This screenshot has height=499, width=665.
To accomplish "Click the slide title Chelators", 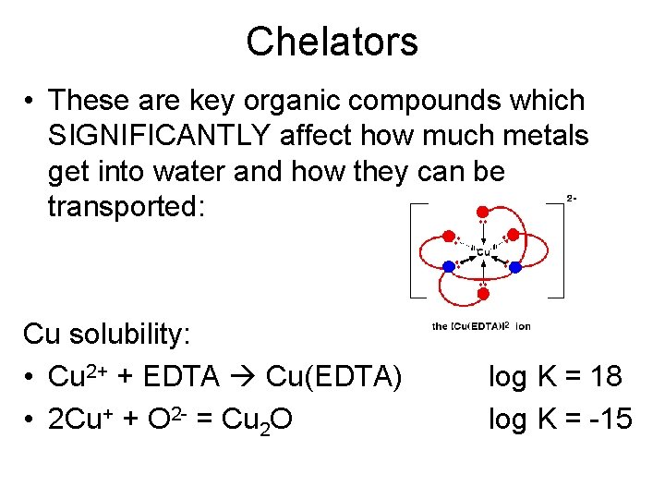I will tap(332, 42).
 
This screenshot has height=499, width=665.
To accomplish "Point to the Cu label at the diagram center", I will tap(482, 252).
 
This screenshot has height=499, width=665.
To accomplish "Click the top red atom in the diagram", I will tap(482, 209).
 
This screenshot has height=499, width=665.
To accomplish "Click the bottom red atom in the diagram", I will tap(482, 294).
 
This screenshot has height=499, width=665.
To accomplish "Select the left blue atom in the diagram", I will tap(449, 266).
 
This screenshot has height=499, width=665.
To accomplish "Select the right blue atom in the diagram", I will tap(515, 266).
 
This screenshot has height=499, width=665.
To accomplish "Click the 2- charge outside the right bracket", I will tap(572, 198).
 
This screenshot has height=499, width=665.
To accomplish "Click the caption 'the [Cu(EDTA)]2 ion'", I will tap(481, 326).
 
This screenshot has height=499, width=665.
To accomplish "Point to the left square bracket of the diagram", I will tap(415, 250).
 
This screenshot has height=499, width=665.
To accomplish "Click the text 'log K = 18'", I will tap(555, 377).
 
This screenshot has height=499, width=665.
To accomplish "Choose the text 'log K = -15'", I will tap(560, 419).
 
